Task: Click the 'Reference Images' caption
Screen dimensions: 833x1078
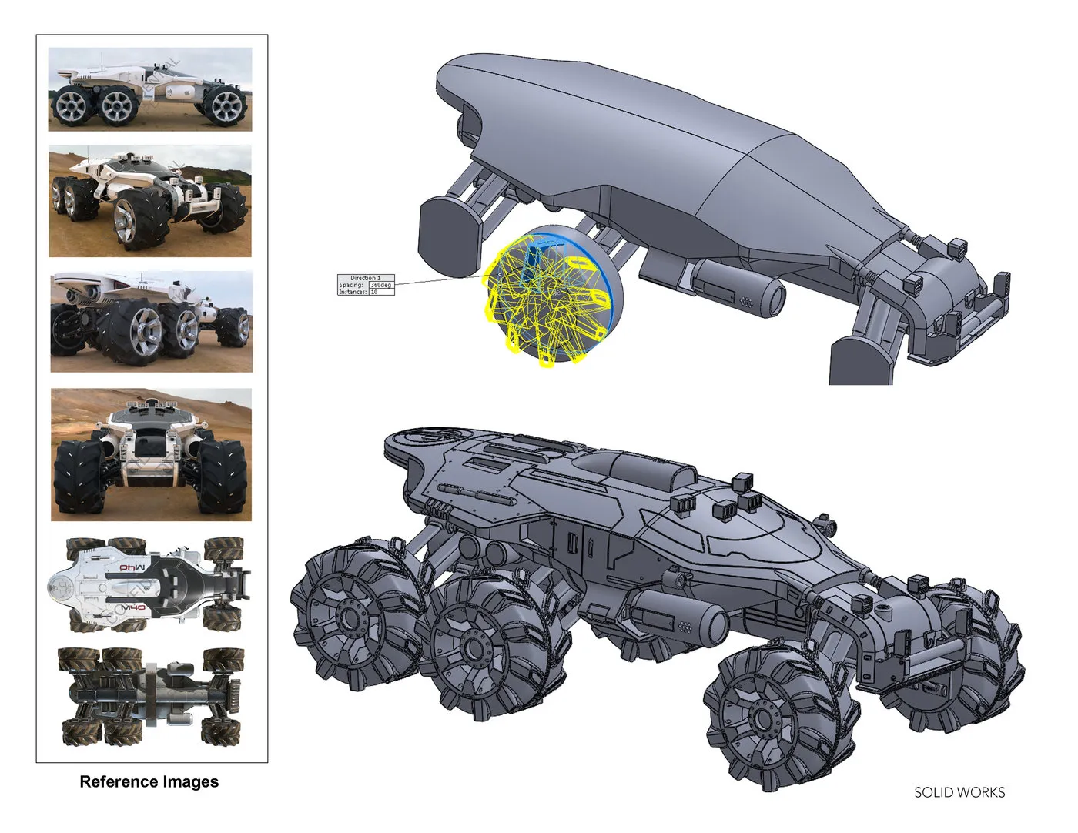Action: (149, 781)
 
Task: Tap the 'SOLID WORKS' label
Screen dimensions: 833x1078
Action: (959, 792)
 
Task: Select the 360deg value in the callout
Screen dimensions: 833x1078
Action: (380, 285)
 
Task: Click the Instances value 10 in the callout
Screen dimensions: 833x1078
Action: (374, 292)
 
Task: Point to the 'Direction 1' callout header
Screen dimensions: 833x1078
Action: (365, 278)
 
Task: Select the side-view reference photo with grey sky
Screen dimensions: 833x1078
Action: (150, 89)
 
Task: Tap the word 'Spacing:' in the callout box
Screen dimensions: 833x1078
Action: (351, 285)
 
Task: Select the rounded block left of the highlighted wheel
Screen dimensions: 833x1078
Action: (449, 235)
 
